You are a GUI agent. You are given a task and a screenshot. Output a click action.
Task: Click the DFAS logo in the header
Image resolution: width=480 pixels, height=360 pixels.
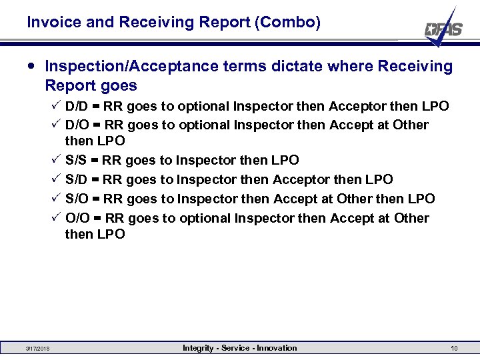click(x=443, y=29)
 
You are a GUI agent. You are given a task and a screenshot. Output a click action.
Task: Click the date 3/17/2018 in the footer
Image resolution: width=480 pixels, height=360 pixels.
click(x=37, y=349)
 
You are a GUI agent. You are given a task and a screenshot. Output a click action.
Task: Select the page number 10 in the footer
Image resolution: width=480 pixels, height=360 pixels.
click(x=454, y=349)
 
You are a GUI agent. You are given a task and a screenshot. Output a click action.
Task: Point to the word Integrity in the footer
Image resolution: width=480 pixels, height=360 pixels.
click(x=198, y=348)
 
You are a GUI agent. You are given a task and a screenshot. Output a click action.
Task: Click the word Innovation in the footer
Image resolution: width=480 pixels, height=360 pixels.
click(x=276, y=348)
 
